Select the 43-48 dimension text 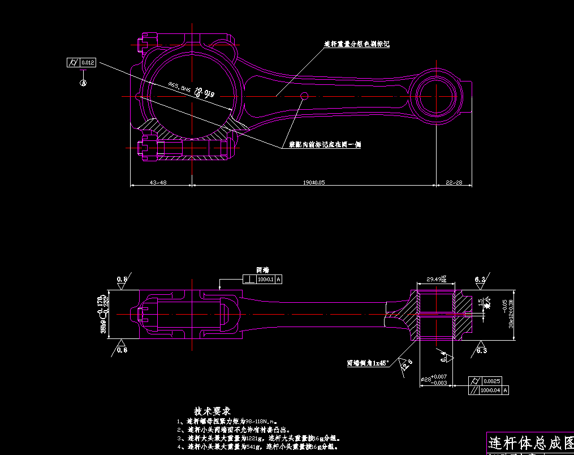(x=158, y=183)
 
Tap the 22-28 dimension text (x=454, y=183)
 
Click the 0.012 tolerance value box (x=88, y=62)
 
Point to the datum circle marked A (x=83, y=83)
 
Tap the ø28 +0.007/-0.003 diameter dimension (x=434, y=379)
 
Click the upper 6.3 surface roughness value (x=480, y=280)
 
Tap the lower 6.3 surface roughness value (x=481, y=351)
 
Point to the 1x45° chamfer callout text (x=368, y=363)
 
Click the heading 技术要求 (x=212, y=410)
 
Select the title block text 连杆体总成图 (x=530, y=441)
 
